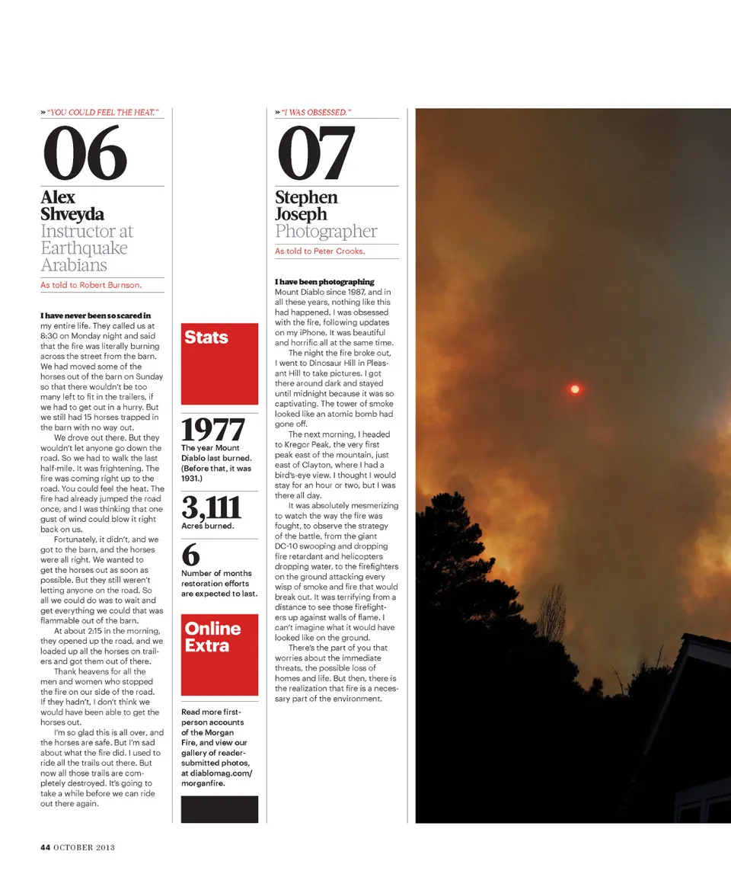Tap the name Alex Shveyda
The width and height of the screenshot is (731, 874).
tap(72, 206)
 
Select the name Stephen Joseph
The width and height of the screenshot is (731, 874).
tap(306, 206)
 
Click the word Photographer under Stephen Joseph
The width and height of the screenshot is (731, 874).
tap(326, 231)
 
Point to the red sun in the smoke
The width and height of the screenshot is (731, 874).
tap(575, 389)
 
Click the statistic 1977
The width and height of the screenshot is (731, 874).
tap(213, 431)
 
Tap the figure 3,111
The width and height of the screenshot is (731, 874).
tap(211, 507)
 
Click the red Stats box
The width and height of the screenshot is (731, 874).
tap(219, 363)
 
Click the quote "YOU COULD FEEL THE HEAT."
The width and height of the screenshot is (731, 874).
tap(102, 113)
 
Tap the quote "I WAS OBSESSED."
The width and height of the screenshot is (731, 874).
tap(316, 113)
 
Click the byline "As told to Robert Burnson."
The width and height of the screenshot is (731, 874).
tap(91, 286)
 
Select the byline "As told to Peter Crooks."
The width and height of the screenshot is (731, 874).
tap(320, 251)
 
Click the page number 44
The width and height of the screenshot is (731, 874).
tap(46, 847)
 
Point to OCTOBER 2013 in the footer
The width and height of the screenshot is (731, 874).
tap(84, 847)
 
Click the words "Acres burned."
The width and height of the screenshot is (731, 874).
tap(207, 526)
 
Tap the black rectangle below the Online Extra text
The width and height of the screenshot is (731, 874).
tap(219, 809)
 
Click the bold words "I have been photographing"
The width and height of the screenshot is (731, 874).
tap(324, 282)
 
